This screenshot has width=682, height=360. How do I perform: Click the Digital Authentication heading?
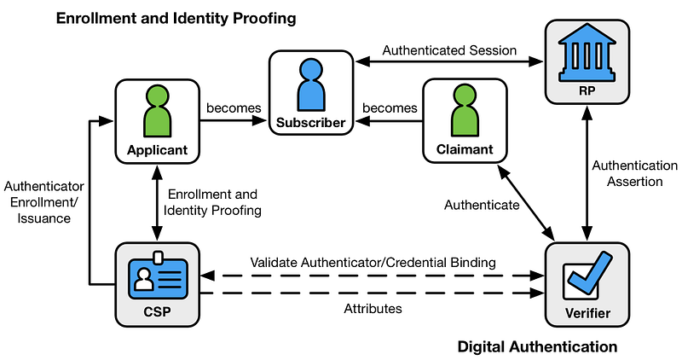(537, 346)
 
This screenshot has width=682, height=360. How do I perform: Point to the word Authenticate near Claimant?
(482, 205)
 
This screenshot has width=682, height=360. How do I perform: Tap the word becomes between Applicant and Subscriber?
(228, 108)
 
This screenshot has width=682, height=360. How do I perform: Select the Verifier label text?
(587, 313)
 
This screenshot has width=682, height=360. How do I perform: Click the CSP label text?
(157, 311)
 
